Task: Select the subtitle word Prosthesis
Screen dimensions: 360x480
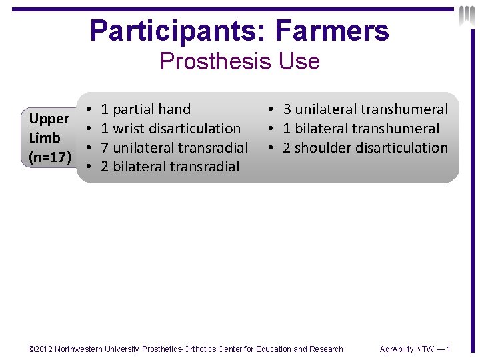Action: [x=213, y=61]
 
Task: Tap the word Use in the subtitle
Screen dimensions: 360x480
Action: [x=295, y=61]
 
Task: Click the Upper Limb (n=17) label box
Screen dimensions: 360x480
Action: [x=49, y=138]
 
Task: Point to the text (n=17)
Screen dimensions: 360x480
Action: [x=49, y=157]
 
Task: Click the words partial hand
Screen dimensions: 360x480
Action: [x=152, y=109]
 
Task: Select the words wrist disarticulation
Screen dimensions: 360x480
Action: [x=177, y=129]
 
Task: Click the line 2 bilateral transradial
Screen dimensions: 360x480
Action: [x=169, y=167]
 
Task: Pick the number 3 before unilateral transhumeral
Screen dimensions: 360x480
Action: [x=287, y=109]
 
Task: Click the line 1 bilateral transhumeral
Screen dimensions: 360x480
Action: [x=361, y=129]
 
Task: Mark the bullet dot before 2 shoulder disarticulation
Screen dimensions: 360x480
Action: [x=271, y=147]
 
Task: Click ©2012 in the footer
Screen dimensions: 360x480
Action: [x=41, y=349]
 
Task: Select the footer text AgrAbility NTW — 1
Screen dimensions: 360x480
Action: [x=415, y=349]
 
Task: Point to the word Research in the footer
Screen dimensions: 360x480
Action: [x=325, y=349]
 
